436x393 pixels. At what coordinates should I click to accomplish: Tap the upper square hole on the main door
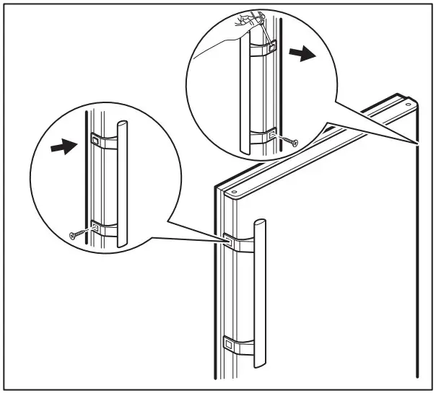228,237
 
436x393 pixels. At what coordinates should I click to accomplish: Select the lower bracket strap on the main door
242,346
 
